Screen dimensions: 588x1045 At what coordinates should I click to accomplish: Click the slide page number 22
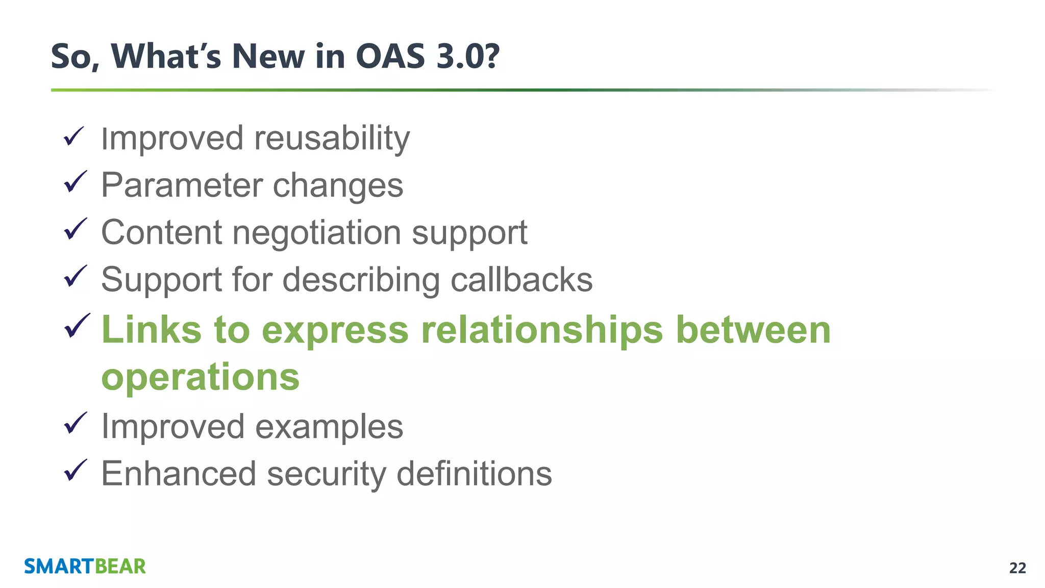point(1017,568)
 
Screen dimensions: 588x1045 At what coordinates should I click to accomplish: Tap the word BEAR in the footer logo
point(120,567)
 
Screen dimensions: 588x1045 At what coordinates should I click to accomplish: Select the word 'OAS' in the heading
point(390,56)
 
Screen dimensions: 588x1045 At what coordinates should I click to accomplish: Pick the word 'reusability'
point(332,138)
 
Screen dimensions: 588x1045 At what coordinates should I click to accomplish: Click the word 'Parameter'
point(181,185)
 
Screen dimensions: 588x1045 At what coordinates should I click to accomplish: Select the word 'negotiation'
point(316,233)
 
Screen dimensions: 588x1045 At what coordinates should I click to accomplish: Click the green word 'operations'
point(201,378)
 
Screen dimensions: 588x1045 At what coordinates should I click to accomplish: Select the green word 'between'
point(753,330)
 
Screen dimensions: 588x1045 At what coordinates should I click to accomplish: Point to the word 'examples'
point(329,427)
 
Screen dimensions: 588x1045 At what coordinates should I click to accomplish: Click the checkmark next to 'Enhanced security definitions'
point(75,470)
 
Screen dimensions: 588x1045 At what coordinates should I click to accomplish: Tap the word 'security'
point(327,474)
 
